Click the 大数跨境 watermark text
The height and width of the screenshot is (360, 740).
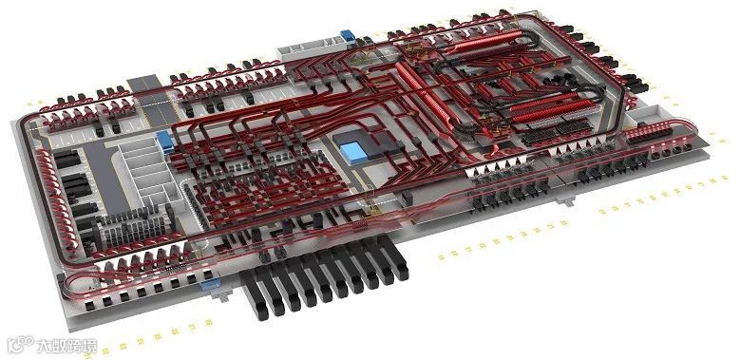[x=67, y=346]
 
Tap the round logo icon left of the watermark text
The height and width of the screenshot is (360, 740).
[x=20, y=344]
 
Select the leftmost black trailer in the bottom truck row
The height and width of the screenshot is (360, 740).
[x=254, y=295]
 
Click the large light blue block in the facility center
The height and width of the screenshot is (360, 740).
[x=354, y=153]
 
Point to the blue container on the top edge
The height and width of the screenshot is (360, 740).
[x=348, y=35]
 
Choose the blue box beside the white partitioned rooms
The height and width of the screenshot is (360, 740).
[x=165, y=142]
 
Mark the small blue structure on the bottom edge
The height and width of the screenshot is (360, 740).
[x=210, y=284]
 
